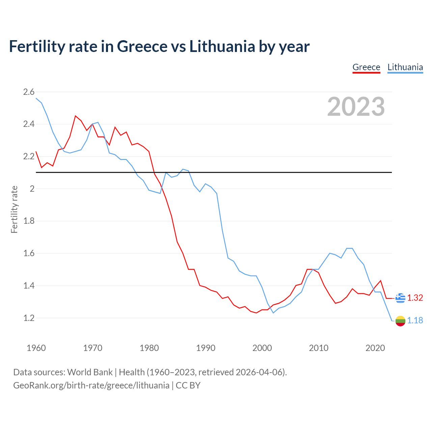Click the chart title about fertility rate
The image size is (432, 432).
click(x=159, y=47)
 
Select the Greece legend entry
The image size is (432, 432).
click(x=366, y=67)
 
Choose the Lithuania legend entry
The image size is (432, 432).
click(x=405, y=67)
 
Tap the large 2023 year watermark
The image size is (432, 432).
click(x=356, y=107)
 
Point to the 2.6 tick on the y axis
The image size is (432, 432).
click(x=29, y=92)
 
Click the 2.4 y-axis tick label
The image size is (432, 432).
click(x=29, y=124)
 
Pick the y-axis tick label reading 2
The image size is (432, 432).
click(x=32, y=189)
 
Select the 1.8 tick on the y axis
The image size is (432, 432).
click(x=29, y=221)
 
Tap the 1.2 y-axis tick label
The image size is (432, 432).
click(x=29, y=318)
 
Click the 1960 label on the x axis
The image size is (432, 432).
click(x=36, y=348)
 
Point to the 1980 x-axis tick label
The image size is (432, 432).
click(x=149, y=348)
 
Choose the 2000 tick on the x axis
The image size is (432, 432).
click(x=262, y=348)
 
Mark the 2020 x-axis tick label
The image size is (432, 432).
click(x=375, y=348)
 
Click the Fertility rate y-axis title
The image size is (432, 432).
click(x=14, y=209)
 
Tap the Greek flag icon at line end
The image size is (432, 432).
click(x=400, y=298)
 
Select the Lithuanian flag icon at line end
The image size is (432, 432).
click(x=400, y=321)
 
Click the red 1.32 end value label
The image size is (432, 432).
click(x=415, y=298)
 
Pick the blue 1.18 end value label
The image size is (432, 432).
click(x=415, y=320)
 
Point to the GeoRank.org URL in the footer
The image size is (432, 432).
click(x=91, y=385)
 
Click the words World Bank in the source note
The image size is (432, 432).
click(x=90, y=372)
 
